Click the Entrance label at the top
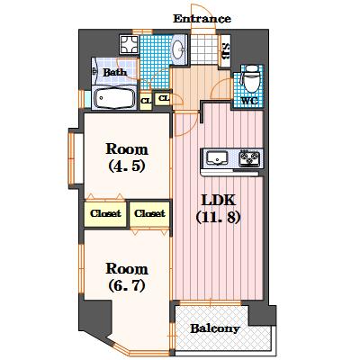tap(202, 19)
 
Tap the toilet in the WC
tap(251, 78)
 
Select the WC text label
tap(249, 101)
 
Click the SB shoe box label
tap(225, 51)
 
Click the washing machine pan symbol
tap(129, 45)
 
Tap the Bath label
tap(115, 72)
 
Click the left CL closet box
tap(146, 100)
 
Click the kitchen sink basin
tap(217, 157)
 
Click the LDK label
tap(218, 200)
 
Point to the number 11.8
tap(218, 217)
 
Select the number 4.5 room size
tap(127, 166)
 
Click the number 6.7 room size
tap(127, 285)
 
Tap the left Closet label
tap(105, 213)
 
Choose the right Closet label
tap(149, 213)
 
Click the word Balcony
tap(215, 328)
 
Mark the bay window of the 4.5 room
tap(72, 158)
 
